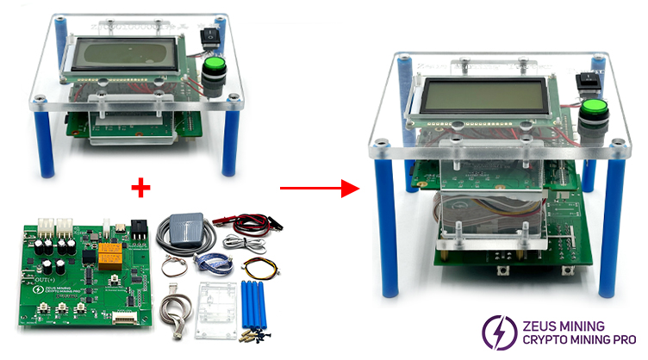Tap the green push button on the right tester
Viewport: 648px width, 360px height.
[590, 110]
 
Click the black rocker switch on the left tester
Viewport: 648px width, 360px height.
[208, 35]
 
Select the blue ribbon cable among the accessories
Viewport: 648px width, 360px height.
[209, 265]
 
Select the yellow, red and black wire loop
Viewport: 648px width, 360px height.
[259, 262]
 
